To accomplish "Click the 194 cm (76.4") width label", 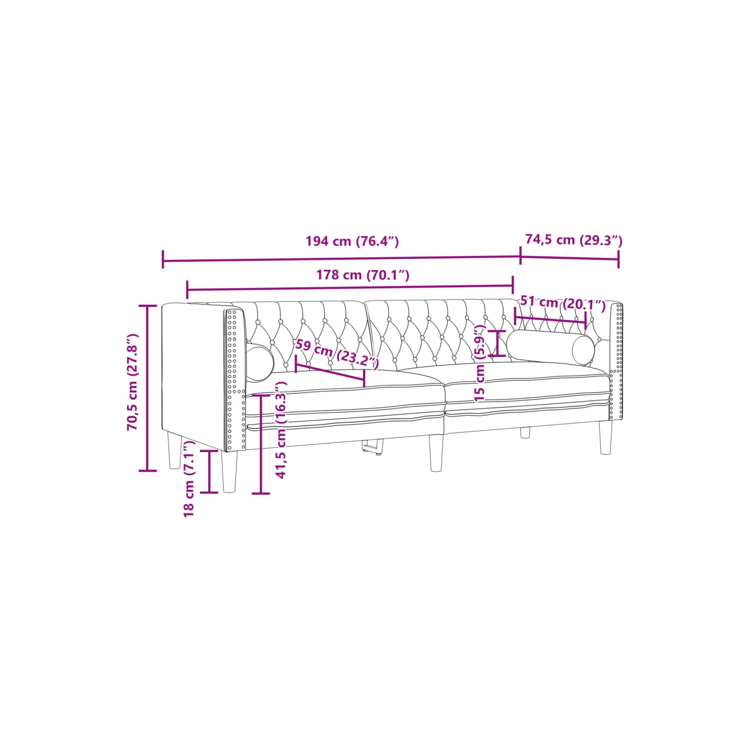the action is tap(352, 241).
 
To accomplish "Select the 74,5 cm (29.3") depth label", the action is tap(573, 240).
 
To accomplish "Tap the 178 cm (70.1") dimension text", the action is tap(362, 275).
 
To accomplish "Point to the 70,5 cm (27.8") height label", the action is tap(132, 382).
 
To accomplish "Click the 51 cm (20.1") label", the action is tap(563, 303).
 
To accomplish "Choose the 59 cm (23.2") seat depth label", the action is tap(337, 353).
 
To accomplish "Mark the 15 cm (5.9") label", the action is tap(480, 363).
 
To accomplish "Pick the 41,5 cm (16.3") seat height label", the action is tap(281, 430).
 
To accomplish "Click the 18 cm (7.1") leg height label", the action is tap(189, 479).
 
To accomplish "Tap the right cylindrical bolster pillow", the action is tap(550, 346).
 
